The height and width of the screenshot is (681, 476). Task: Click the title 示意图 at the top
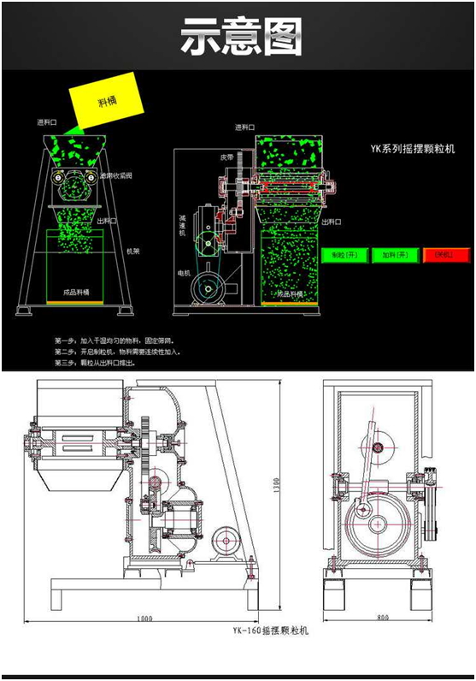241,37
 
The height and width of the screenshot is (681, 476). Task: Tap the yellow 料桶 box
106,104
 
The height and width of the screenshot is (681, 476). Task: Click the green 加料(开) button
396,255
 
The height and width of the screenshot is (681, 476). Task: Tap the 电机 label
183,272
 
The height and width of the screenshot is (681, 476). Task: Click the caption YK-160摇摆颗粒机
270,631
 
